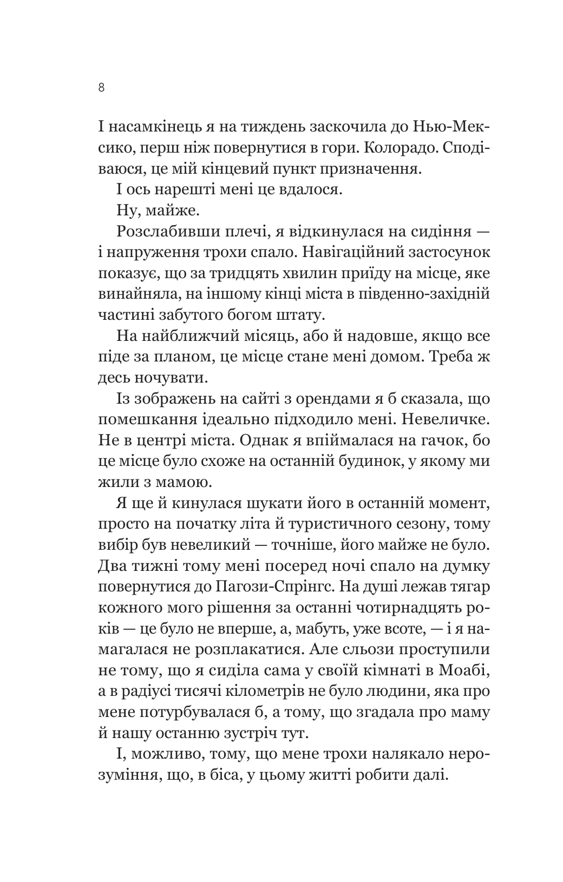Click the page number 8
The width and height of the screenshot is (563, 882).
102,88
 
